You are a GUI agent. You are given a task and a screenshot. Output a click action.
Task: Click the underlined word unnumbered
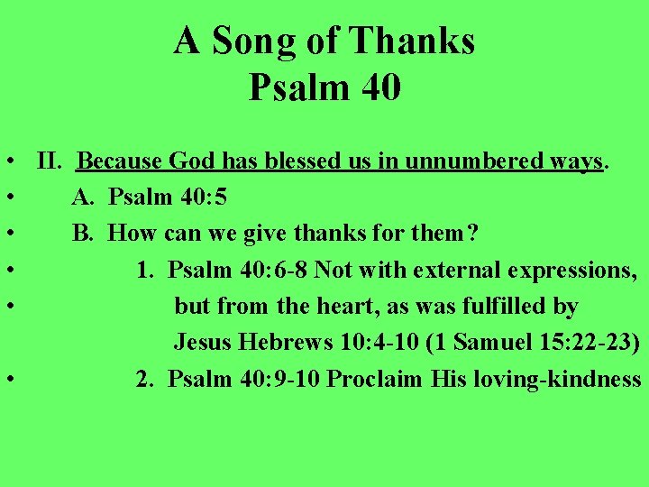point(459,162)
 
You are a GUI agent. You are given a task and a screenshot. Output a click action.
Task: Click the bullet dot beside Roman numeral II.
point(7,164)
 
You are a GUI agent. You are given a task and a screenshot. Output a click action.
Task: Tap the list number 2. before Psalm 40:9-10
point(144,379)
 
